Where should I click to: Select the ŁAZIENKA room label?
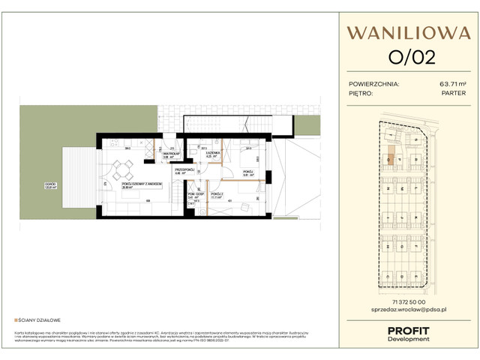[x=213, y=153]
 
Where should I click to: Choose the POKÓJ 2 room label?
[x=217, y=194]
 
